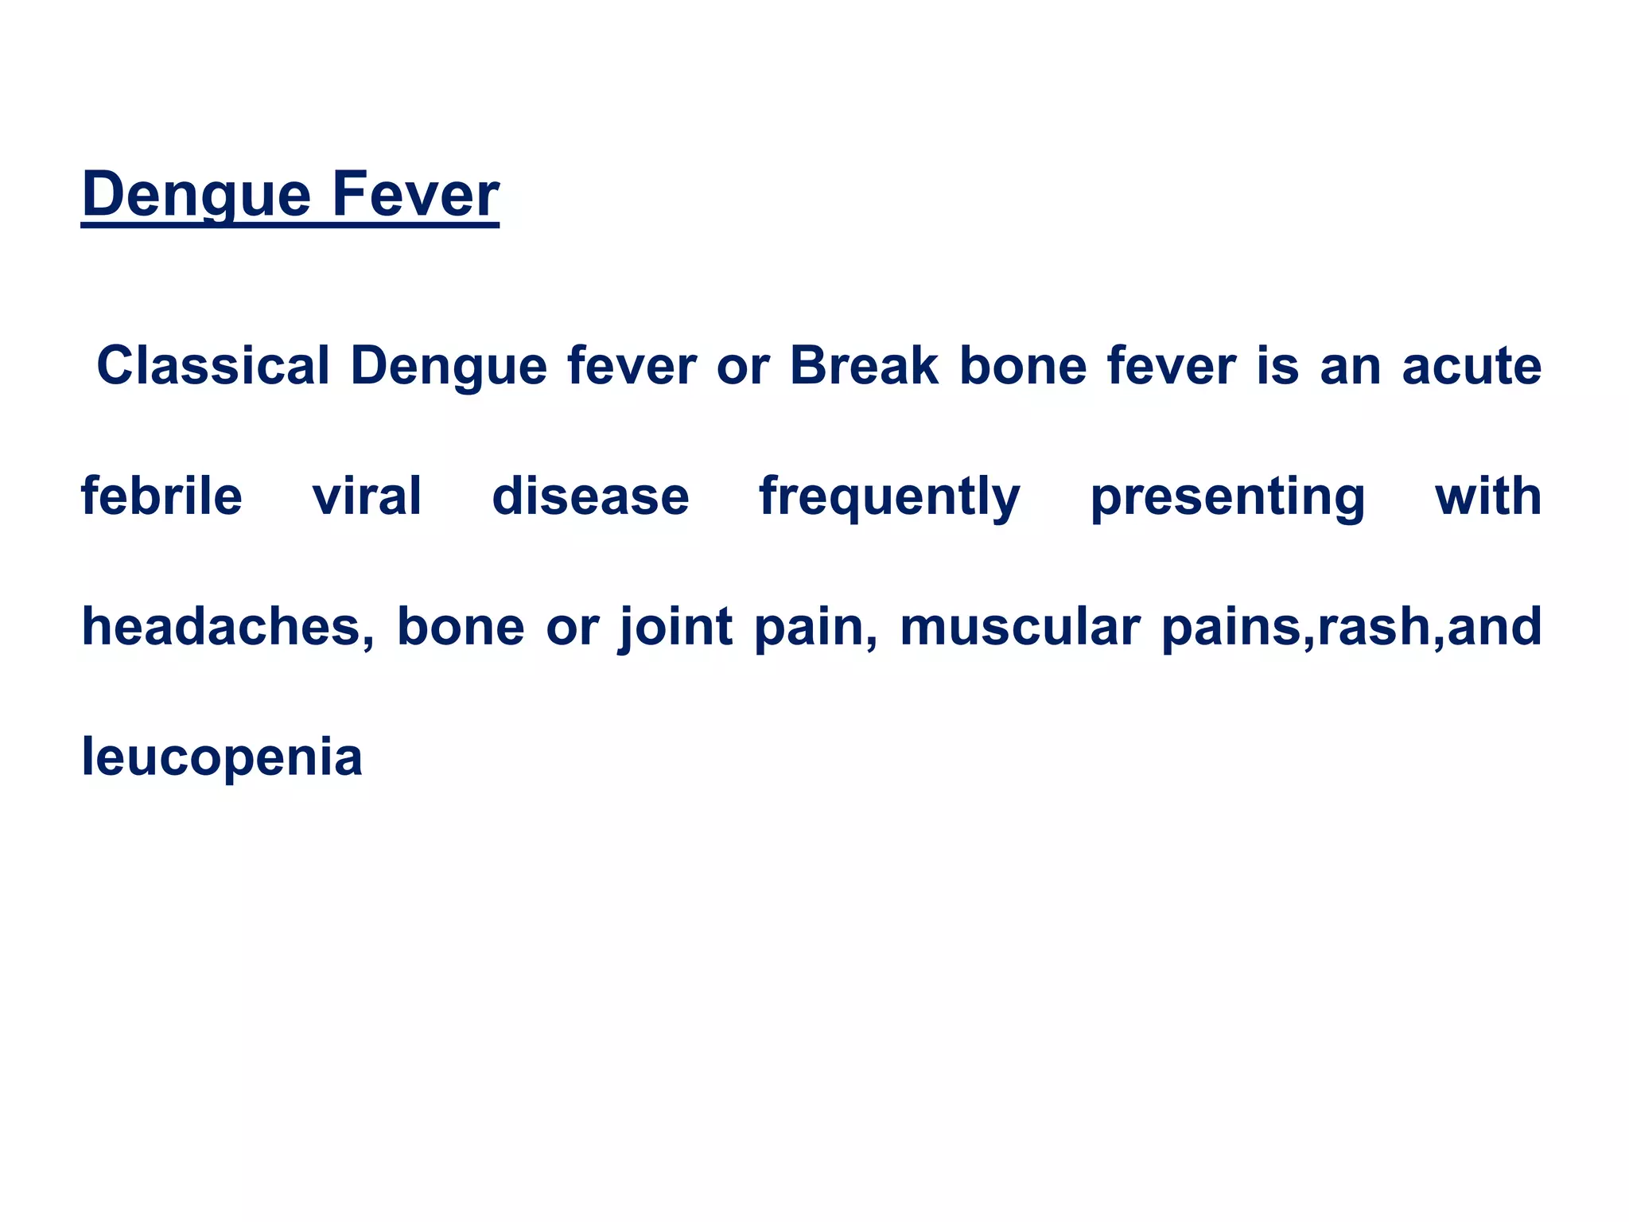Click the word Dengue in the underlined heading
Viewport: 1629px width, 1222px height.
(x=196, y=195)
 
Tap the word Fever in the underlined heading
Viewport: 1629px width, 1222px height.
(x=414, y=195)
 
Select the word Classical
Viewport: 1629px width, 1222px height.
(x=212, y=367)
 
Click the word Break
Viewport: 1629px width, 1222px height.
(x=863, y=367)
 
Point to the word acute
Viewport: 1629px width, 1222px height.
(x=1472, y=367)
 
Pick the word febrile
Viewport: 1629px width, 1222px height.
(x=161, y=496)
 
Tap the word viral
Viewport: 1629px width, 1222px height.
(x=367, y=496)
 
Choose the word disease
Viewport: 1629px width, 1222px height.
(x=590, y=496)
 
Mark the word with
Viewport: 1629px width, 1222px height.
(x=1487, y=496)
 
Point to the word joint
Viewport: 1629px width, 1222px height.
(x=675, y=627)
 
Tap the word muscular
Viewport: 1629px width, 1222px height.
(x=1020, y=627)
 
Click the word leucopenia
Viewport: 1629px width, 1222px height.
(x=222, y=757)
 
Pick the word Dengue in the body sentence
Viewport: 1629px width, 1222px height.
(x=449, y=367)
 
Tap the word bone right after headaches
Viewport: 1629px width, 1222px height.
(x=461, y=627)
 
